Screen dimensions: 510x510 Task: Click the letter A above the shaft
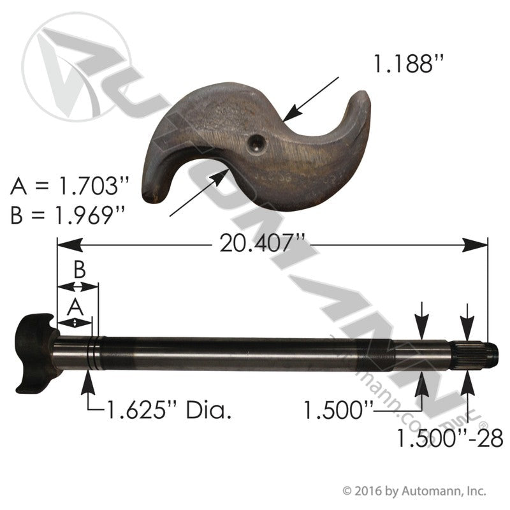pos(76,307)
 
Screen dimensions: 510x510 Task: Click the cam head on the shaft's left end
pos(33,351)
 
